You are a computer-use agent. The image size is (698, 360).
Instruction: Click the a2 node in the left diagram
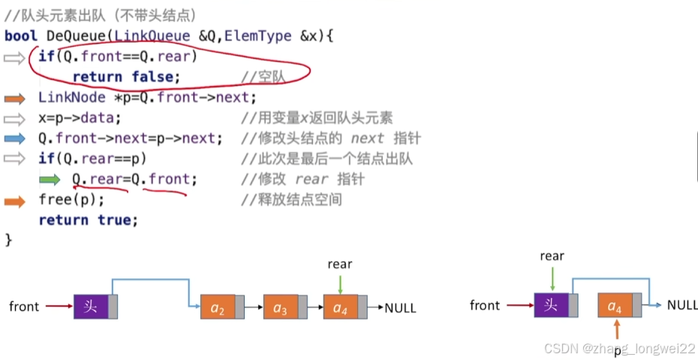218,307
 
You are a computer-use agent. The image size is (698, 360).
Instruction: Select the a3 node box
281,307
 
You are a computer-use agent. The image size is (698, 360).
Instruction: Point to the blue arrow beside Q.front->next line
14,139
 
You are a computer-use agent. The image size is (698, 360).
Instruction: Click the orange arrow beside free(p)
14,200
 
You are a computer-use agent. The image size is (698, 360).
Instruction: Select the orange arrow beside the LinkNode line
14,98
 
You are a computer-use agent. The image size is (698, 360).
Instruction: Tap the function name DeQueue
76,36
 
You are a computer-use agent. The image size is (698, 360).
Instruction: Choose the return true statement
89,220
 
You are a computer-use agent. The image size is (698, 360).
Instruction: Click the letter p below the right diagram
618,351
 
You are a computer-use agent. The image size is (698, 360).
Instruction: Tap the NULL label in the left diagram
400,307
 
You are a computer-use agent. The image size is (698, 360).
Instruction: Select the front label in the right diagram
485,305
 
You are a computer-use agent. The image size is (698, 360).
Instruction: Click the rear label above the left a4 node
340,264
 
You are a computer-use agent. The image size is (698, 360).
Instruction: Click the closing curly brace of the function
9,240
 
